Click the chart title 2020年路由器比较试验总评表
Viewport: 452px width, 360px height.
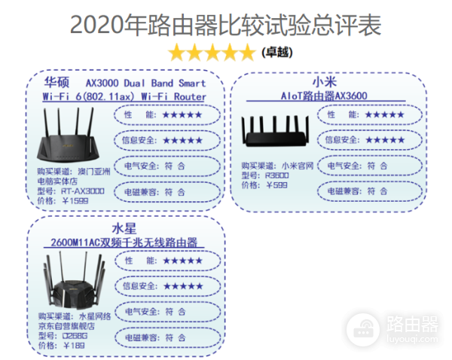pyautogui.click(x=225, y=24)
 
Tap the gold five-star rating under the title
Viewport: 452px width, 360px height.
pyautogui.click(x=212, y=53)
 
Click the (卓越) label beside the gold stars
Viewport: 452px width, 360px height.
pyautogui.click(x=276, y=53)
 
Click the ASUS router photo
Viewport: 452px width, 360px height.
pyautogui.click(x=72, y=136)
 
